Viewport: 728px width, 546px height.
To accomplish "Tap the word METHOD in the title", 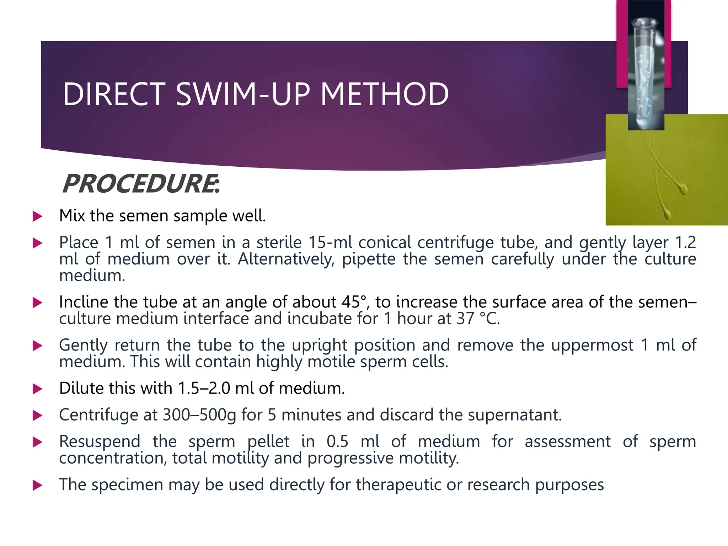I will [x=385, y=95].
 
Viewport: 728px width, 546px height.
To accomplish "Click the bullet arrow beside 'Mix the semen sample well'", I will [x=37, y=216].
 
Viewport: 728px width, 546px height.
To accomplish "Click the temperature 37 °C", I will [x=477, y=318].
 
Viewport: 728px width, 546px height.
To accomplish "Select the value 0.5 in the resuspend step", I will [x=337, y=441].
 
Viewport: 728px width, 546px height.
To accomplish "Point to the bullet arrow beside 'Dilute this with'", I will [x=37, y=389].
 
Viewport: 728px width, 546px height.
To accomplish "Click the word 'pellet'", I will [x=268, y=441].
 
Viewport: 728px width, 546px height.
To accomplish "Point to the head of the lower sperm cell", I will [x=667, y=214].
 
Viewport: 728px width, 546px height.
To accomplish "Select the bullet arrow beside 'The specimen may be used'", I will [x=37, y=485].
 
